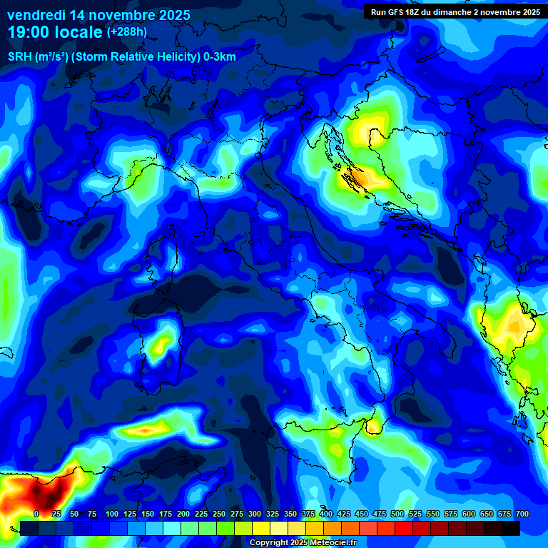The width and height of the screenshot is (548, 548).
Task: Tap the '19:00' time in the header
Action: pyautogui.click(x=30, y=32)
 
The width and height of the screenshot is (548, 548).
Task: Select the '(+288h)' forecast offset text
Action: pyautogui.click(x=126, y=32)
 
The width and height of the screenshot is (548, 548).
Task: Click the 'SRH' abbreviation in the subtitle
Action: pyautogui.click(x=19, y=57)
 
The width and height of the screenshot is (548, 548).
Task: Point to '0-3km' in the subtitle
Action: pyautogui.click(x=220, y=57)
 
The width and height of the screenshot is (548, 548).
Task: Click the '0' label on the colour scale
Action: pyautogui.click(x=36, y=514)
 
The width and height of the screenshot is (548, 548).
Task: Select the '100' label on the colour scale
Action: pyautogui.click(x=111, y=514)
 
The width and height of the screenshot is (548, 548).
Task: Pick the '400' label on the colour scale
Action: pyautogui.click(x=326, y=514)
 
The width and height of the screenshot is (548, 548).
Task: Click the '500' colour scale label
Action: pyautogui.click(x=397, y=514)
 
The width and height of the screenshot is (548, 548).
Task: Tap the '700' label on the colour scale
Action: pyautogui.click(x=522, y=514)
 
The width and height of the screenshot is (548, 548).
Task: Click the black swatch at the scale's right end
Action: pyautogui.click(x=510, y=528)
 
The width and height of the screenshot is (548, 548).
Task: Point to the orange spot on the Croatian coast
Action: pyautogui.click(x=353, y=173)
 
